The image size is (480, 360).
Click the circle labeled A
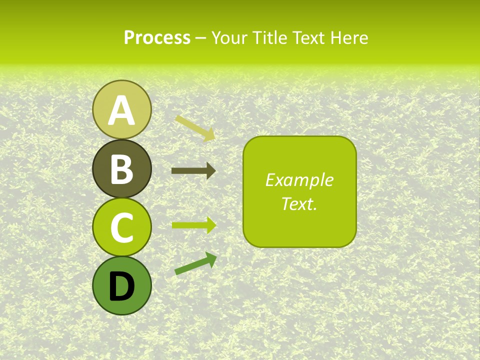coord(122,109)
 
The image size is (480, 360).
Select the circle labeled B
coord(122,168)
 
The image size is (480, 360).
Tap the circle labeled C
coord(122,227)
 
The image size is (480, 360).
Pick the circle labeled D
coord(122,285)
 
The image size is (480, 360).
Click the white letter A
coord(122,111)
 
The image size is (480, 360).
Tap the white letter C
coord(122,227)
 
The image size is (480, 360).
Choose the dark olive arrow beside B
coord(193,171)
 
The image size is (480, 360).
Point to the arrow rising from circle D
coord(195,263)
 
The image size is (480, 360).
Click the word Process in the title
coord(157,37)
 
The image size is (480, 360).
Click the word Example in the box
coord(299,180)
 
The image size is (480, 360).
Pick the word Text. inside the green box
coord(299,203)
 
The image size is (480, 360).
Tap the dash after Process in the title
coord(201,38)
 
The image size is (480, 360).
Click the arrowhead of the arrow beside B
coord(211,171)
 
